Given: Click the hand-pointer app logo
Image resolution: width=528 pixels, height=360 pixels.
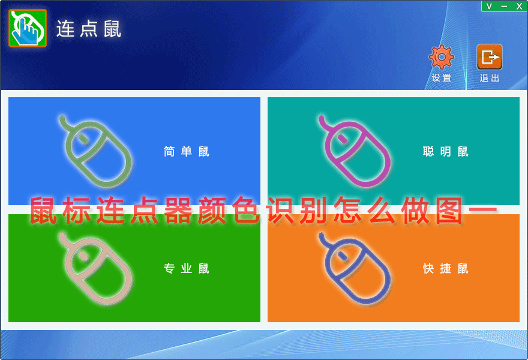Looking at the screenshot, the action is [x=28, y=28].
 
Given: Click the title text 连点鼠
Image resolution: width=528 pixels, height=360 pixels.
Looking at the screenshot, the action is [x=89, y=29].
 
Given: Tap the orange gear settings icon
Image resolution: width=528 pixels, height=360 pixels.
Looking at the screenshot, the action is [x=442, y=57].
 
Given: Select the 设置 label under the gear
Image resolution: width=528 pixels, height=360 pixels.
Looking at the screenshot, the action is [x=442, y=78].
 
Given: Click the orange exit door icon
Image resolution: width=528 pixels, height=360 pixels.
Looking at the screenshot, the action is [x=490, y=57].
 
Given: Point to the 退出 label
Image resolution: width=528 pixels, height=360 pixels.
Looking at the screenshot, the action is [x=490, y=78].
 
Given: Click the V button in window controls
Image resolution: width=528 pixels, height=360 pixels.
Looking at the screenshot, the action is [x=489, y=6].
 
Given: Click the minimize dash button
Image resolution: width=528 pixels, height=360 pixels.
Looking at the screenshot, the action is [x=504, y=7].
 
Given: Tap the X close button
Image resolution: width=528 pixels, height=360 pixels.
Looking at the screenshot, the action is [x=519, y=6].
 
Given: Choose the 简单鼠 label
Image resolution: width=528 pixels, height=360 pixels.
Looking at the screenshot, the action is [x=186, y=152].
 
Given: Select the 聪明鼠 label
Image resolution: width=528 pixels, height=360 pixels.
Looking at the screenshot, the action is [x=445, y=152].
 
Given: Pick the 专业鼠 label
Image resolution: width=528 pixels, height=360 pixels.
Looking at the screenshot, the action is [x=186, y=268].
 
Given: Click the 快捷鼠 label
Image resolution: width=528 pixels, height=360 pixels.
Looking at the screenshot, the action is [x=445, y=268].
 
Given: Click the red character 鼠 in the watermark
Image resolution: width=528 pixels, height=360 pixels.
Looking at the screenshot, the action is [x=43, y=211].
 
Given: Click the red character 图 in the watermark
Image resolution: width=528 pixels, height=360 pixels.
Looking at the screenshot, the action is [x=449, y=211].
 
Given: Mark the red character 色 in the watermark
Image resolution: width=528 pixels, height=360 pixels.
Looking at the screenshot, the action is [x=246, y=211].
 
